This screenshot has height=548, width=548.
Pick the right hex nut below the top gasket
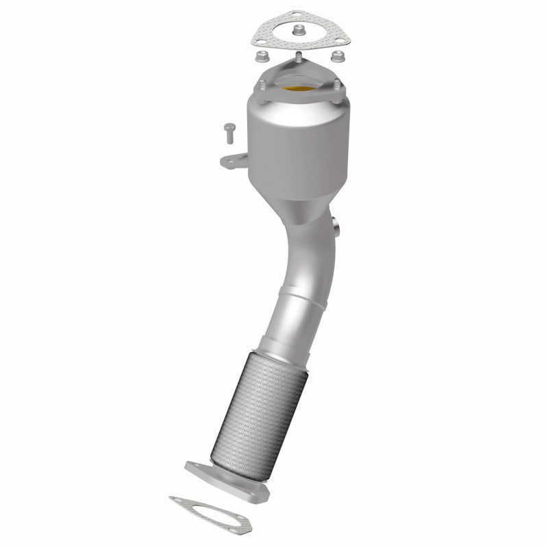tap(338, 55)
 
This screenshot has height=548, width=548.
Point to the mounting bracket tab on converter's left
tap(231, 161)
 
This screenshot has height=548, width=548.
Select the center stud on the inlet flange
tap(299, 55)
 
